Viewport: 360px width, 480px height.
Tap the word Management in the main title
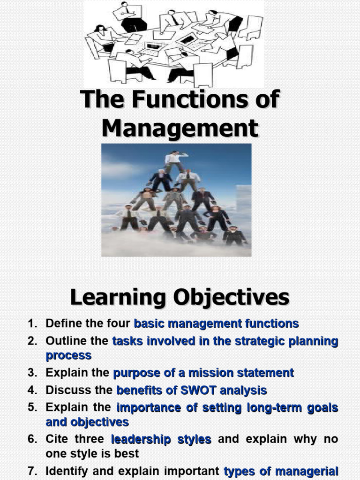[180, 127]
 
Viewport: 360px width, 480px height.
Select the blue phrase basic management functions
[216, 323]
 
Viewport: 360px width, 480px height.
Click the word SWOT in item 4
[202, 390]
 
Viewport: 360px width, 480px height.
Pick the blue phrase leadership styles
[161, 440]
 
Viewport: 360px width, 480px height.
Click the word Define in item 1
[64, 323]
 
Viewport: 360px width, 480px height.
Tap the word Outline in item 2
[65, 341]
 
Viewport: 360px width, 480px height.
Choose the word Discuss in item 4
[67, 390]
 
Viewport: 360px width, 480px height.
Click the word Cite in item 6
[56, 440]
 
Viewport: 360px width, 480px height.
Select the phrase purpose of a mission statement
[203, 373]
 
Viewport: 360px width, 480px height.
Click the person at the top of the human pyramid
[175, 159]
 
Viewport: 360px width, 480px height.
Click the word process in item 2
[68, 355]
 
